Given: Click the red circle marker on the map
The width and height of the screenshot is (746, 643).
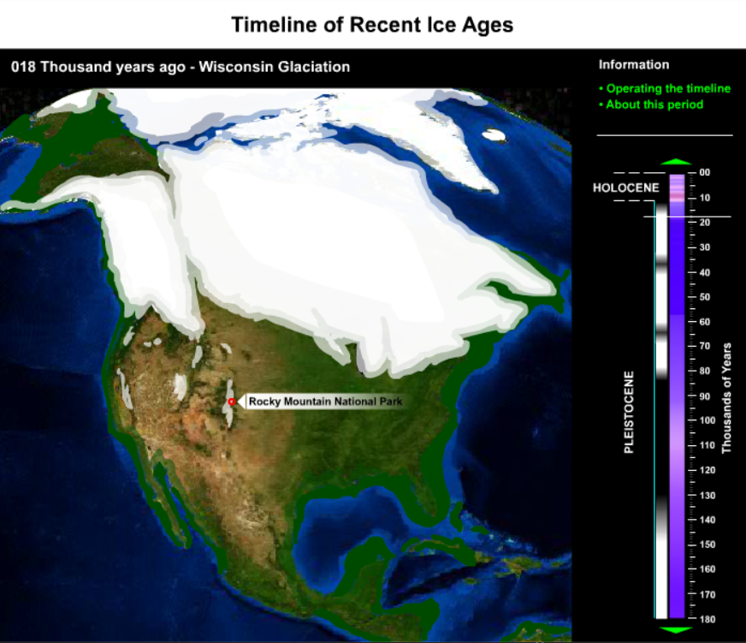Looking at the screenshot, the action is point(232,402).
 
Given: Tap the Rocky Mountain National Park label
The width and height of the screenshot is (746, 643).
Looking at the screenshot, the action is point(325,402).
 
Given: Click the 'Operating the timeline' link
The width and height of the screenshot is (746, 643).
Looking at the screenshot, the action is point(665,88).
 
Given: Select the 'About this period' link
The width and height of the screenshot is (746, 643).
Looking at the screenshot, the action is point(651,104).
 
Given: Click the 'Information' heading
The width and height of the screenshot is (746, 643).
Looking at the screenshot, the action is point(634,65).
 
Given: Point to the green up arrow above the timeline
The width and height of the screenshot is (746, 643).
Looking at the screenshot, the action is point(676,162).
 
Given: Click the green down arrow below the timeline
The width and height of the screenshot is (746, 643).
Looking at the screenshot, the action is point(676,630).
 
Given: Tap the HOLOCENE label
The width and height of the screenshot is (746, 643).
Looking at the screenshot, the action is point(626,188).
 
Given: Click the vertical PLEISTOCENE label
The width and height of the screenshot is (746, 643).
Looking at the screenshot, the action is point(629,413).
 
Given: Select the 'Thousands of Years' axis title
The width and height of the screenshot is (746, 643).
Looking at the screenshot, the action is point(726,398).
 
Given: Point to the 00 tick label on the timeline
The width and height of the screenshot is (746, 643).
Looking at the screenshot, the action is point(705,172).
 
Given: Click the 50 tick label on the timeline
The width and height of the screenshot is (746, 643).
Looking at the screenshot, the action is point(705,297).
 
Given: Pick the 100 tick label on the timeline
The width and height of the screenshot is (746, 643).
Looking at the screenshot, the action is point(707,420).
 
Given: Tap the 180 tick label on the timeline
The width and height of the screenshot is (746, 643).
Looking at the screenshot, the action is point(707,619).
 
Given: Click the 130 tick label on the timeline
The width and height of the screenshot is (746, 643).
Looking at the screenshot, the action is point(707,496).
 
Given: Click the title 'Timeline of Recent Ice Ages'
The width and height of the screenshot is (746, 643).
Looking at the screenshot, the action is point(372,25).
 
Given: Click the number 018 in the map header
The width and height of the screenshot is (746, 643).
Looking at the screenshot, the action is point(23,67).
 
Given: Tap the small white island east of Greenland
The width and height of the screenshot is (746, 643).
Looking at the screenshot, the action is point(494,134).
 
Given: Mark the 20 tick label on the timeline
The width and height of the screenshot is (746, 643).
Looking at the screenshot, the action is point(705,223).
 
